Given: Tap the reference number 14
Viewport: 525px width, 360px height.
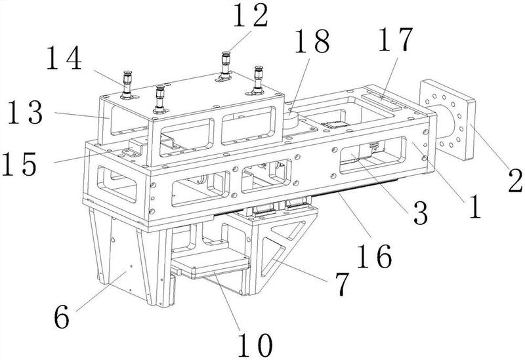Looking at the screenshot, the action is click(64, 60).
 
